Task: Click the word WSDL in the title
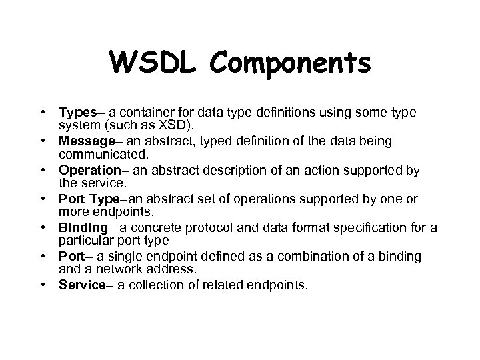tap(155, 63)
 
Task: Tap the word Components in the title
tap(290, 63)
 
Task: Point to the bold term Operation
tap(87, 170)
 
